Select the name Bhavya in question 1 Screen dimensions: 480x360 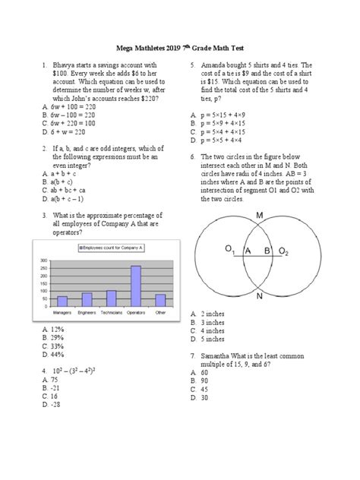click(x=66, y=66)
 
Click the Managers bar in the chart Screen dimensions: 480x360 click(x=63, y=302)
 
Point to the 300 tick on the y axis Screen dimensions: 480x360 click(x=42, y=260)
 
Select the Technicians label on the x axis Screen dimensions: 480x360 click(x=112, y=312)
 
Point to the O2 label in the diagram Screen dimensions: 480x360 click(x=283, y=249)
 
